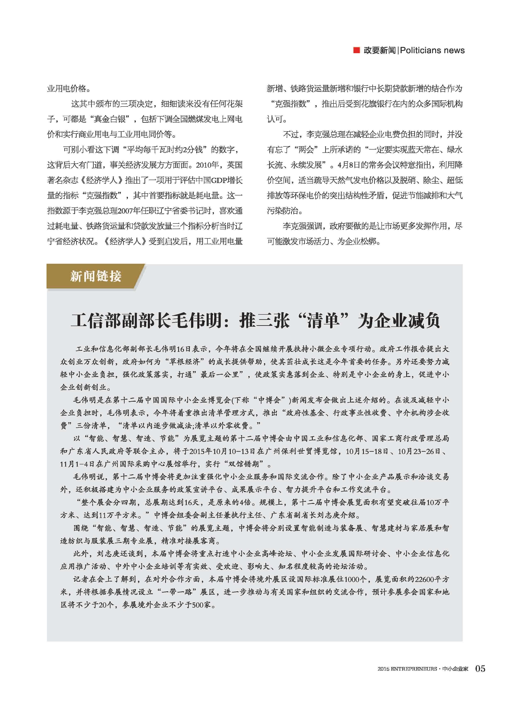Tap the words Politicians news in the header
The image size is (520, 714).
(x=432, y=50)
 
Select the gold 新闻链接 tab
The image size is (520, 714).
(x=95, y=276)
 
